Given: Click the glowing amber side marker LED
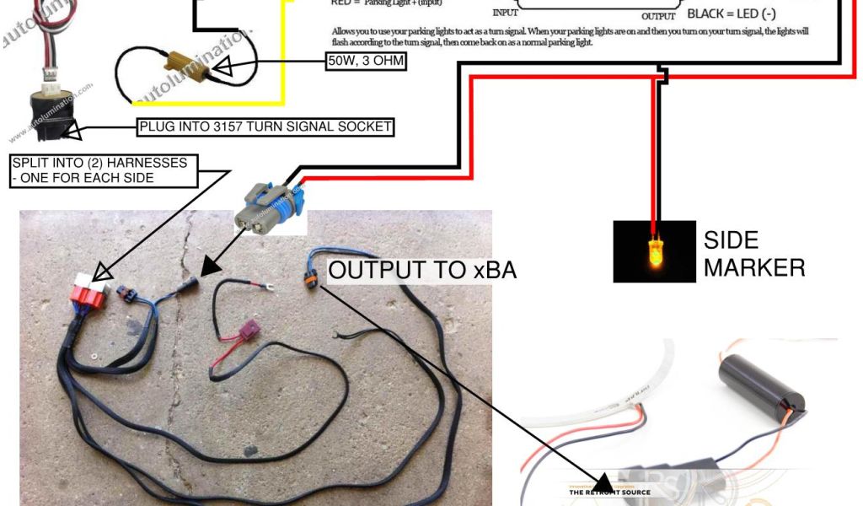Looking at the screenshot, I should click(x=654, y=252).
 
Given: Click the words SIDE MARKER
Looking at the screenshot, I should click(x=753, y=254).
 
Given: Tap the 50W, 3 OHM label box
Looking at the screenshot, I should click(x=367, y=62).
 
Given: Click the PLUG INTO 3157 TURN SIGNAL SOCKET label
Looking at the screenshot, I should click(x=266, y=127).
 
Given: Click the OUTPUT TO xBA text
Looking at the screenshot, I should click(x=422, y=270).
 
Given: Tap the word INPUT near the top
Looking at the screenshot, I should click(x=505, y=13).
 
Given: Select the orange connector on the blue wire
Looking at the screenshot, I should click(x=311, y=276).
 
